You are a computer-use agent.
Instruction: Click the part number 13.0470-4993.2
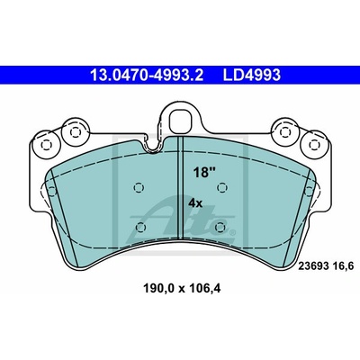[147, 75]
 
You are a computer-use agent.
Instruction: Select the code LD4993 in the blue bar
[251, 75]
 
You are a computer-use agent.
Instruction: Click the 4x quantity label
[195, 203]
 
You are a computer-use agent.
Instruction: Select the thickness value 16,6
[344, 266]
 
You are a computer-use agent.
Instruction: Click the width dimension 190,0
[159, 289]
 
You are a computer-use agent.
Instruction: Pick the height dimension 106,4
[204, 289]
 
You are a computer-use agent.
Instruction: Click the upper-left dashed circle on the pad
[139, 188]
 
